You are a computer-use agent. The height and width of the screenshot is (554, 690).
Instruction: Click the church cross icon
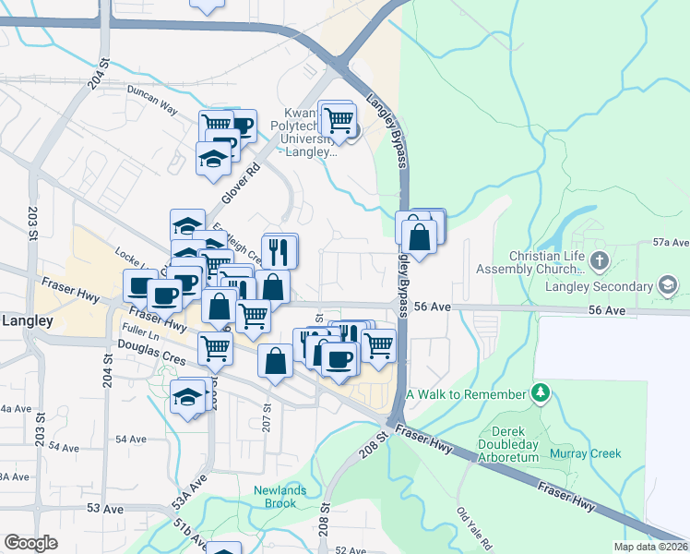click(x=599, y=259)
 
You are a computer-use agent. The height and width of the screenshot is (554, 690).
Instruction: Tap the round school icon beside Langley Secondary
click(x=666, y=286)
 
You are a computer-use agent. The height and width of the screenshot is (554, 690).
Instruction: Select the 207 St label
click(x=267, y=406)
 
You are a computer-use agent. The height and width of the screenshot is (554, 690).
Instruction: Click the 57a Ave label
click(x=671, y=243)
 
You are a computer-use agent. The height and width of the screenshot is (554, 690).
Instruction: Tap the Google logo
click(x=30, y=543)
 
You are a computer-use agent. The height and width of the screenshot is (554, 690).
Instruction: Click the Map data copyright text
click(x=650, y=547)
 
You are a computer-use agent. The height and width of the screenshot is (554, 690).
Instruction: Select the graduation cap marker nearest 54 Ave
click(x=187, y=397)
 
